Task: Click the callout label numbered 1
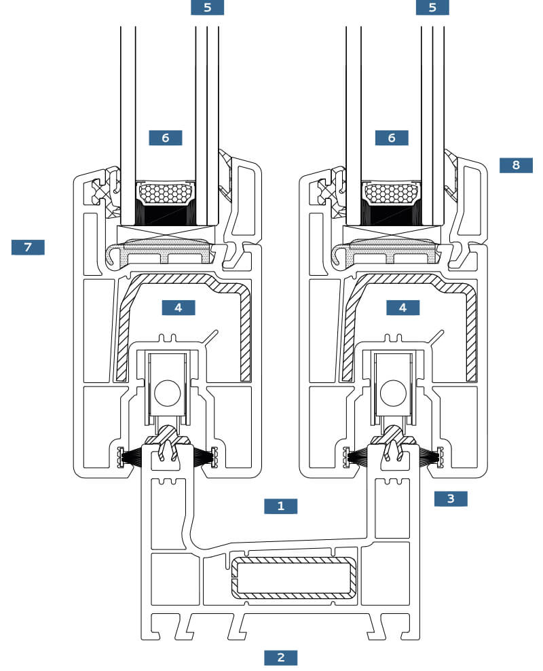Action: click(x=280, y=506)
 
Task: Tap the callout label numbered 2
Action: click(x=280, y=657)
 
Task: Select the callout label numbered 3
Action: click(x=451, y=498)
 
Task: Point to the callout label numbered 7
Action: click(x=28, y=247)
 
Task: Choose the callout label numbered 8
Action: click(x=516, y=165)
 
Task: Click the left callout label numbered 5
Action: click(x=208, y=7)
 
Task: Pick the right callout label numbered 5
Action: click(x=432, y=7)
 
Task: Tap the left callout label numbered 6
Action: click(x=166, y=138)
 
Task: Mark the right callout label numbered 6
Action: click(x=392, y=138)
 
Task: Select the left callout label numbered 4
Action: click(x=179, y=307)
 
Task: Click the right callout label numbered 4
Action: click(x=402, y=307)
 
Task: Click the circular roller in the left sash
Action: click(x=167, y=393)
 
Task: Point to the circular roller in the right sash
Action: click(x=393, y=393)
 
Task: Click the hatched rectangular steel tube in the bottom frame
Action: click(x=293, y=577)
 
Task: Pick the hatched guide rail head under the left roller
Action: click(x=168, y=439)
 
